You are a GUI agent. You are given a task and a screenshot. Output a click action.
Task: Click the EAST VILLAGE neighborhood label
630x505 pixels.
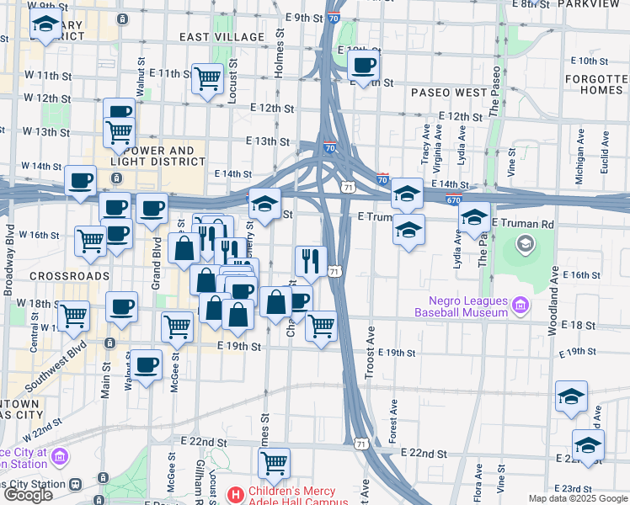tap(222, 37)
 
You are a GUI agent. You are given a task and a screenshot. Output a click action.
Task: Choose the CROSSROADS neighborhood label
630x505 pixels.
tap(69, 276)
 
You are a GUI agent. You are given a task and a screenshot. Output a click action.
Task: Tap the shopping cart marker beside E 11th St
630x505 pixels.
tap(207, 79)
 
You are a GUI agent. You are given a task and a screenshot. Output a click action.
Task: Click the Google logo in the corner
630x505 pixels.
tap(28, 495)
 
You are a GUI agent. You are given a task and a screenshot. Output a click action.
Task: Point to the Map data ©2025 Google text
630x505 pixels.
tap(577, 498)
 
